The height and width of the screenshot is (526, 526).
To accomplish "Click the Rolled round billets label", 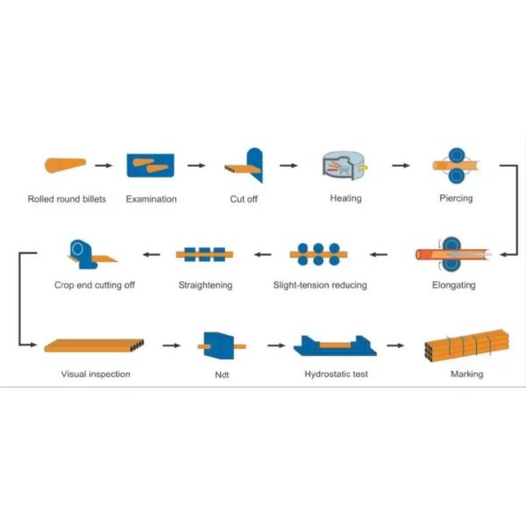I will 67,199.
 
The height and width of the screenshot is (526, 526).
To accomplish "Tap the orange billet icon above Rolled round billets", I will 64,164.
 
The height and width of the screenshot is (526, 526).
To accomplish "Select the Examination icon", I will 151,164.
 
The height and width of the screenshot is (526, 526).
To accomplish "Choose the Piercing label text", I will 456,198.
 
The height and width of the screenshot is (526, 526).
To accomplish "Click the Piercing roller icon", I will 456,164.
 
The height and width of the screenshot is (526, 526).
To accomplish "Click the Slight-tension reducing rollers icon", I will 319,254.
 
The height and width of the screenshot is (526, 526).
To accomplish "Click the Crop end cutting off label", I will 95,285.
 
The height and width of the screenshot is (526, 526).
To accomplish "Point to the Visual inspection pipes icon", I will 94,345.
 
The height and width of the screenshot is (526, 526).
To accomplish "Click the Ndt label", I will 222,374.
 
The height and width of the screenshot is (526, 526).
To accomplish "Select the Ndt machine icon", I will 218,345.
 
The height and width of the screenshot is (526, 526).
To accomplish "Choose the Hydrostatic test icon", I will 333,347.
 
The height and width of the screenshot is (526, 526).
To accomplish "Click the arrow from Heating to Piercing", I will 400,164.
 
